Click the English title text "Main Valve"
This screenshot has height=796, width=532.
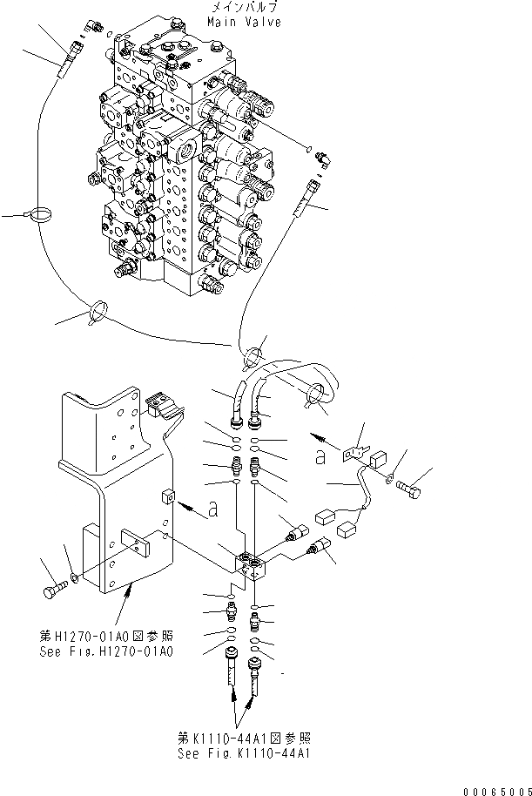245,22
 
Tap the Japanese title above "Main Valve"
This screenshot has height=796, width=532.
245,7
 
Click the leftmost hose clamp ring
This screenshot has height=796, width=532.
39,214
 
